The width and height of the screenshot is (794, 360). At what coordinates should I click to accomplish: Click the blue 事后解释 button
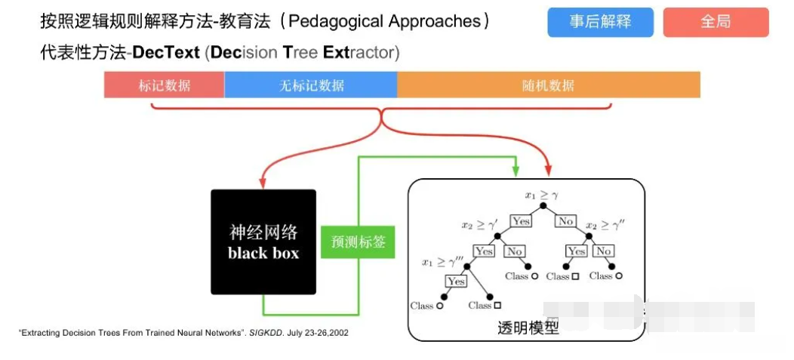(x=600, y=23)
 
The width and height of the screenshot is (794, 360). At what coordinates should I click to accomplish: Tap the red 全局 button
(x=716, y=23)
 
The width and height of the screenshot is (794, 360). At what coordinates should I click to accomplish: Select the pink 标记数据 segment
(x=164, y=85)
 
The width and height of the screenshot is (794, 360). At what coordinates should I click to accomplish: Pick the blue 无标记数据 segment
(x=311, y=85)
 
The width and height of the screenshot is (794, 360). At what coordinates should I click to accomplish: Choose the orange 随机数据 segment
(x=548, y=85)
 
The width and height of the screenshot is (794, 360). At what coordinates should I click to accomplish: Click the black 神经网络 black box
(x=263, y=242)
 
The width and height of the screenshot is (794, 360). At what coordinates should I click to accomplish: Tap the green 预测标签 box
(x=358, y=242)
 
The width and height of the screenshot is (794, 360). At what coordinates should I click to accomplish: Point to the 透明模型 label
(x=528, y=328)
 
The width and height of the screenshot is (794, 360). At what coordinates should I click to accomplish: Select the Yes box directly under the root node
(x=521, y=221)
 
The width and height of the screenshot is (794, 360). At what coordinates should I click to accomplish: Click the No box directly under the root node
(x=565, y=221)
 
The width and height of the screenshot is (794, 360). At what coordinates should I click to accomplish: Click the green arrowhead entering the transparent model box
(x=515, y=172)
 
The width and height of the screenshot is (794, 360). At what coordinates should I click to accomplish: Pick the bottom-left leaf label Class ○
(x=426, y=306)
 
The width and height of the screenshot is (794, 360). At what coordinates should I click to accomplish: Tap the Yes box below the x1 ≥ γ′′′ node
(x=455, y=281)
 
